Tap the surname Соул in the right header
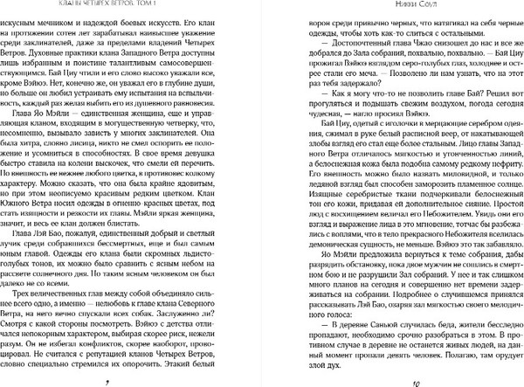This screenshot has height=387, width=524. [412, 4]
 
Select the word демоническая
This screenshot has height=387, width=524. [329, 253]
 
